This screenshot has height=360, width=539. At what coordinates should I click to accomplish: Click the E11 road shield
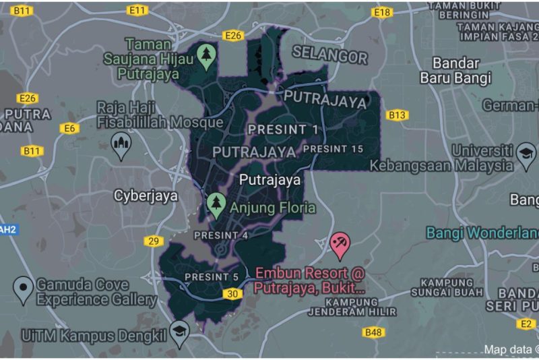pos(137,10)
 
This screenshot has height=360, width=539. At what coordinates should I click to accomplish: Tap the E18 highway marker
pos(382,12)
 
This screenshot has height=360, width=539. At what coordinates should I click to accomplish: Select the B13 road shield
pos(398,115)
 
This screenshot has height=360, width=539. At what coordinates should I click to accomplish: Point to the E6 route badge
pos(69,128)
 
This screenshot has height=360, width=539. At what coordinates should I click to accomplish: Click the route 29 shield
pos(154,241)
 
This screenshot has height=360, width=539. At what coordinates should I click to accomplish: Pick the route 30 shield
pos(233,293)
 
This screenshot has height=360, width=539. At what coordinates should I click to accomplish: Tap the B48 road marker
pos(373,332)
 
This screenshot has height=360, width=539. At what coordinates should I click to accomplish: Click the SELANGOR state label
pos(330,56)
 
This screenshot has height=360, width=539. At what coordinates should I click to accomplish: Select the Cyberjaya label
pos(146,196)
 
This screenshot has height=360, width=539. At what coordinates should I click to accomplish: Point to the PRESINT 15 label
pos(333,148)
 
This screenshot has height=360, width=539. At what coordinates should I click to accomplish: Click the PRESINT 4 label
pos(221,235)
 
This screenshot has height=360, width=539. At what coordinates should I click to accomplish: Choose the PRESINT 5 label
pos(212,276)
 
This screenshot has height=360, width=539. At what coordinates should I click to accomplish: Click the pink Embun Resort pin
pos(340,244)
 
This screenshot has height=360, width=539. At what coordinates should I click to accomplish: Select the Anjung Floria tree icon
pos(216,203)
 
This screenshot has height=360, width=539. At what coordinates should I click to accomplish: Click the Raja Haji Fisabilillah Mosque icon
pos(121,144)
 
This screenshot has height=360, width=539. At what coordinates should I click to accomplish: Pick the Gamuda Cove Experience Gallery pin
pos(24,288)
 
